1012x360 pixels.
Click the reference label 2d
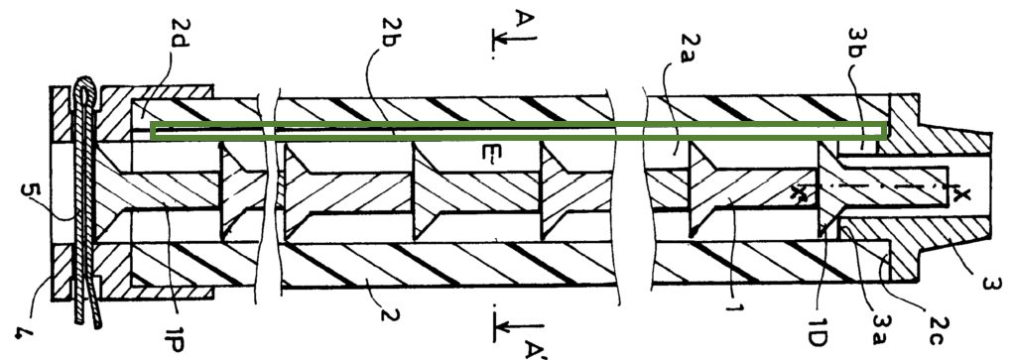tap(180, 34)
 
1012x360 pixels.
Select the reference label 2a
tap(690, 48)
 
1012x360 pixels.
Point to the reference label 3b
tap(857, 44)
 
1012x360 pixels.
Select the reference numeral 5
tap(31, 190)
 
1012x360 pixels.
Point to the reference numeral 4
tap(24, 333)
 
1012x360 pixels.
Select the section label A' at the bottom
tap(536, 349)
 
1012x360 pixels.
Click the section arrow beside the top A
tap(514, 39)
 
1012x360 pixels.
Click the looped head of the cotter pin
tap(85, 91)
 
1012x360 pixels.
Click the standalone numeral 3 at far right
tap(991, 284)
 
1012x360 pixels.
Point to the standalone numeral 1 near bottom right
tap(734, 308)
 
